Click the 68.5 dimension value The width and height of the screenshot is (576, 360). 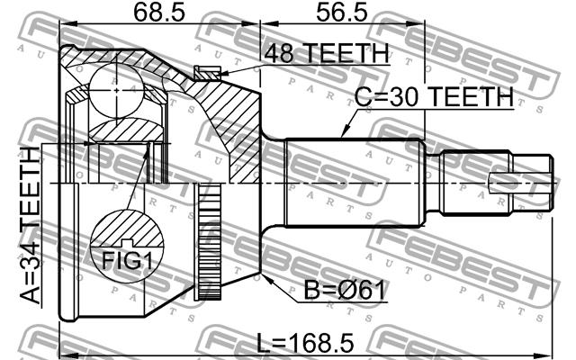pyautogui.click(x=160, y=12)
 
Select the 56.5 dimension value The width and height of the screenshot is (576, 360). pyautogui.click(x=342, y=12)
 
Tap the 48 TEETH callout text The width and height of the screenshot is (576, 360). pyautogui.click(x=326, y=54)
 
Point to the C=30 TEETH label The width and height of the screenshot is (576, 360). pyautogui.click(x=434, y=97)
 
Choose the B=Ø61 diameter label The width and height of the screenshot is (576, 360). pyautogui.click(x=346, y=290)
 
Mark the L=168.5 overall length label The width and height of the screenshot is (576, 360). pyautogui.click(x=305, y=342)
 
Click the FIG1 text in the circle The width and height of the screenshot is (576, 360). pyautogui.click(x=127, y=260)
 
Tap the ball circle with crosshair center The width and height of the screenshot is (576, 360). pyautogui.click(x=116, y=90)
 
